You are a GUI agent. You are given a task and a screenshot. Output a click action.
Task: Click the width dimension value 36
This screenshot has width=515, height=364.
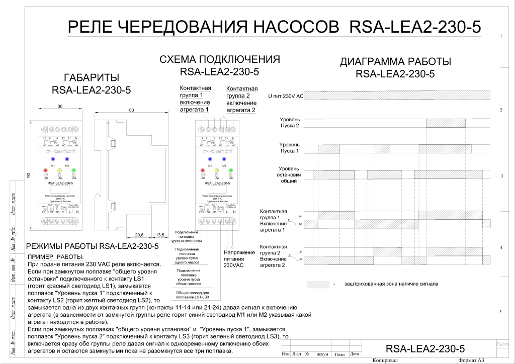point(60,107)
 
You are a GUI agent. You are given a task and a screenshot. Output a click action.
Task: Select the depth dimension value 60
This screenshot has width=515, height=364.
point(131,110)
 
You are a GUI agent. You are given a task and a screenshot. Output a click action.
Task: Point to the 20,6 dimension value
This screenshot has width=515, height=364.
point(139,235)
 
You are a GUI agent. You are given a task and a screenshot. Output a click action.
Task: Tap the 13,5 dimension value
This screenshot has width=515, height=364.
point(160,235)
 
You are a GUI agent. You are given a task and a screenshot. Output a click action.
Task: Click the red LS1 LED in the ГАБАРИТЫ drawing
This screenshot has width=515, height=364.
point(45,170)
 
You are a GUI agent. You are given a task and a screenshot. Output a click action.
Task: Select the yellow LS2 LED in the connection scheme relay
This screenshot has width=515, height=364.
point(217,170)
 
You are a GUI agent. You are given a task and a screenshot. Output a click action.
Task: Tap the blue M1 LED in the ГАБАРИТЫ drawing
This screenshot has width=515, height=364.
point(52,158)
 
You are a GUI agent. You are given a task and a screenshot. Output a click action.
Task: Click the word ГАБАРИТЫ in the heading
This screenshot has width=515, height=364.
point(92,78)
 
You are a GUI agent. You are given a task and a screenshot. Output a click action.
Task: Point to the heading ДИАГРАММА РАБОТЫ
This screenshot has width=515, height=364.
point(395,62)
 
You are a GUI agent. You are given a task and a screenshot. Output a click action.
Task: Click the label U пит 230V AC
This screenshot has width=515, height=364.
point(286,96)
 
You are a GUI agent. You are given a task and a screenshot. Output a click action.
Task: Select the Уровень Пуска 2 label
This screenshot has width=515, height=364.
point(290,123)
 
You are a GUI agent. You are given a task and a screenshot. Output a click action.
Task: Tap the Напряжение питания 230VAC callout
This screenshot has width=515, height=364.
point(234,258)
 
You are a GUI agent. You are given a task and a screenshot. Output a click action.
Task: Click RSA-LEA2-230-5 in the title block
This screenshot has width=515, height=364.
point(425,348)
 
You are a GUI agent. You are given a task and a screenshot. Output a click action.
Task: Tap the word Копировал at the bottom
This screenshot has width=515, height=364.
point(385,360)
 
